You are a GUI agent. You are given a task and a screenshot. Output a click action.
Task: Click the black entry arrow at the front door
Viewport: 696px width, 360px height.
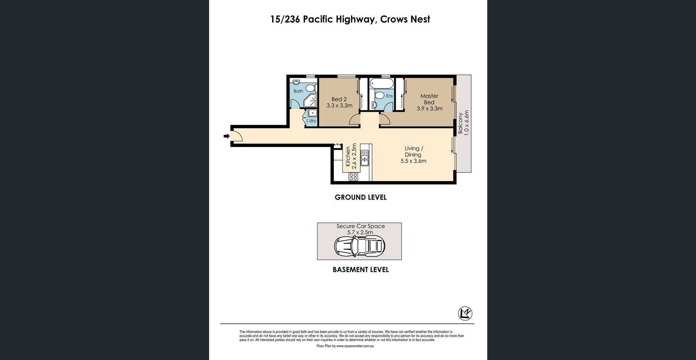pos(226,136)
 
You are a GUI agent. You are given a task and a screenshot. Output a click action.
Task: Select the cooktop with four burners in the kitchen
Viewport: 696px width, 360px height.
pos(353,177)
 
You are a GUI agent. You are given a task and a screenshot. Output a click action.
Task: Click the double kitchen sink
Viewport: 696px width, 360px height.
pos(365,158)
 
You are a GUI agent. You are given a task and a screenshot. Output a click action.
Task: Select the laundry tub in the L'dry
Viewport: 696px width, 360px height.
pos(313,113)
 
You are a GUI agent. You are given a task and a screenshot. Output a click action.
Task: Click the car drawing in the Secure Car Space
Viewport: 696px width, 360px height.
pos(359,246)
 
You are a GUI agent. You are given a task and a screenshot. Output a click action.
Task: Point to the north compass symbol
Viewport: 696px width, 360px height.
pos(465,313)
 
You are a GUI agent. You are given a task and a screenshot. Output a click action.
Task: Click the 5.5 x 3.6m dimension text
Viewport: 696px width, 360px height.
pos(413,161)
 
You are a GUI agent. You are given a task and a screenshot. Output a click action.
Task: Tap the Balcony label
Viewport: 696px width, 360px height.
pos(461,123)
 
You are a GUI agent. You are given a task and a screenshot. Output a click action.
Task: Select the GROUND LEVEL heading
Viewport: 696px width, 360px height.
pos(361,197)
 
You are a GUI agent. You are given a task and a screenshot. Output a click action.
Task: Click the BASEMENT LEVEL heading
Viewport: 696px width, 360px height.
pos(361,270)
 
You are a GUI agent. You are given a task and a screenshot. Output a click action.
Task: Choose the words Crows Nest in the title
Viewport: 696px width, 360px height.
pos(405,19)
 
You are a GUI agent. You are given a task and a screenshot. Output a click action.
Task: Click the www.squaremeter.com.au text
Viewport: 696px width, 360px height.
pos(355,346)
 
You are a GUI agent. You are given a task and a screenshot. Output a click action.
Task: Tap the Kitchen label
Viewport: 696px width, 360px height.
pos(348,157)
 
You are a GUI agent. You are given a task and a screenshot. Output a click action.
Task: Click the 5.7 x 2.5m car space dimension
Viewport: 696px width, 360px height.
pos(360,232)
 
